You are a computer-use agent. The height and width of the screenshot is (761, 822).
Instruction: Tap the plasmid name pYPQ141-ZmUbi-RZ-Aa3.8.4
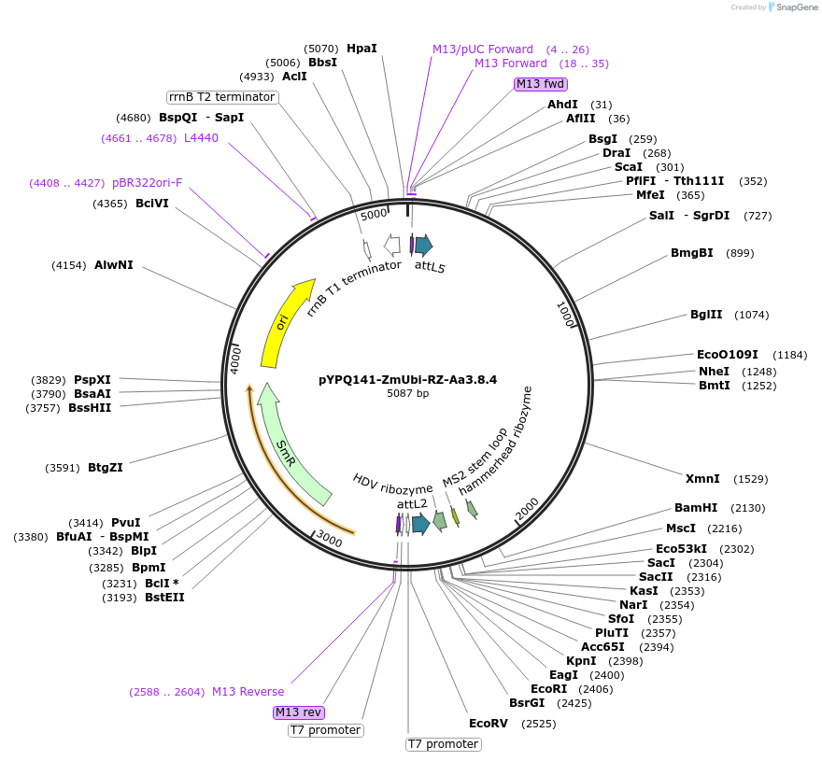click(x=407, y=380)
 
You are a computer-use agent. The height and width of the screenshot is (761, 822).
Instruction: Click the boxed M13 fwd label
click(x=541, y=84)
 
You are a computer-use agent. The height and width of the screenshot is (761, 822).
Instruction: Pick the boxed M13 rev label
click(x=298, y=712)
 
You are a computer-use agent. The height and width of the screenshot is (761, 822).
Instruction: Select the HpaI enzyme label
click(x=361, y=49)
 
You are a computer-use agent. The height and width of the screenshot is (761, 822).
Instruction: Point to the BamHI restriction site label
click(x=696, y=508)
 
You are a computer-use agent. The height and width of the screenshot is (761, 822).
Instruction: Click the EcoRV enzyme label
click(x=488, y=724)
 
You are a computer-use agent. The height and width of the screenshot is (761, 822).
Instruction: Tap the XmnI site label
click(x=702, y=479)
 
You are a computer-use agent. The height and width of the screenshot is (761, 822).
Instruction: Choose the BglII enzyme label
click(x=706, y=315)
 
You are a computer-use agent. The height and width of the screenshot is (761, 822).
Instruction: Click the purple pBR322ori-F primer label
click(x=148, y=183)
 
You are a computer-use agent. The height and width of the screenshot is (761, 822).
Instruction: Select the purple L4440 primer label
click(x=201, y=138)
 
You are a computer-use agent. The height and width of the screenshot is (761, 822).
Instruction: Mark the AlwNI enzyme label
click(x=114, y=265)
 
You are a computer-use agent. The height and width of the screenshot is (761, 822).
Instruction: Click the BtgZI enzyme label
click(x=106, y=468)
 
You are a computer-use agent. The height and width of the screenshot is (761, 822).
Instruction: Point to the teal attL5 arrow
click(x=423, y=246)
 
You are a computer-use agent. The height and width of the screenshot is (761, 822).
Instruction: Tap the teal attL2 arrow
click(x=420, y=524)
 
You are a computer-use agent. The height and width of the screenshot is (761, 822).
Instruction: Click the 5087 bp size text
click(x=407, y=394)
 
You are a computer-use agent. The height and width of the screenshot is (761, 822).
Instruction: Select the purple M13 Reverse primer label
click(x=248, y=692)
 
